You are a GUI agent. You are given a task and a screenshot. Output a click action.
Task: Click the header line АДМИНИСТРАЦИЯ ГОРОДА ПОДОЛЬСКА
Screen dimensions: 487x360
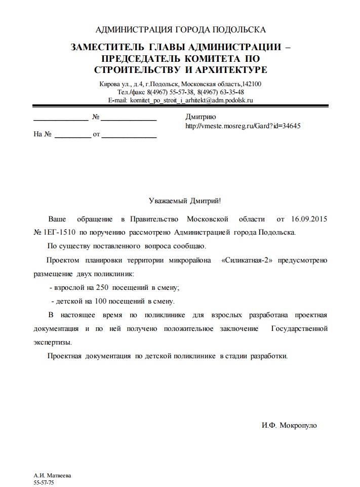180,29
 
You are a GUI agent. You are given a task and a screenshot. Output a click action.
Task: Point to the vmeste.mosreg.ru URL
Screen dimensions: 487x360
243,125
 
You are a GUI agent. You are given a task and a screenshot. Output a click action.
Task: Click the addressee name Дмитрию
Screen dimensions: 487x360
202,117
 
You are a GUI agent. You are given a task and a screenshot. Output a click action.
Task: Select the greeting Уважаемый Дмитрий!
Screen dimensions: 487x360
185,201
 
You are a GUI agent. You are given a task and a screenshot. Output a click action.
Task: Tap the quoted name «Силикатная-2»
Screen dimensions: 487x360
247,260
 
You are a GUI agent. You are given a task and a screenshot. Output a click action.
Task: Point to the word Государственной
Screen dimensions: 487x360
299,328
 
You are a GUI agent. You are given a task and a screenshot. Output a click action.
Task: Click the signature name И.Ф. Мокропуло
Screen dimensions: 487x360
289,425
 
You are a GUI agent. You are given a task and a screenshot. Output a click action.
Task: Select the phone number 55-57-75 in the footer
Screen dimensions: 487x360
44,483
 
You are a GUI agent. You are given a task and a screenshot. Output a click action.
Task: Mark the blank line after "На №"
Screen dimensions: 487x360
72,137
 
